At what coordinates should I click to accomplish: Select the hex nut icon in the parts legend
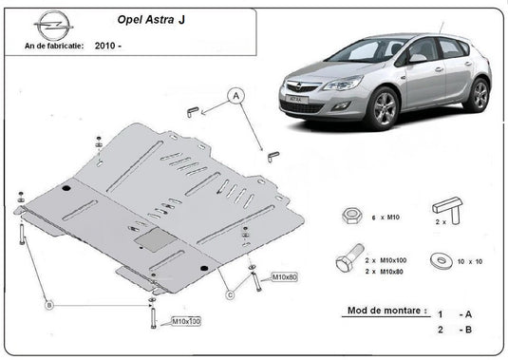[x=348, y=217]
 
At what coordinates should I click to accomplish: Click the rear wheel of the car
[x=479, y=94]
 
